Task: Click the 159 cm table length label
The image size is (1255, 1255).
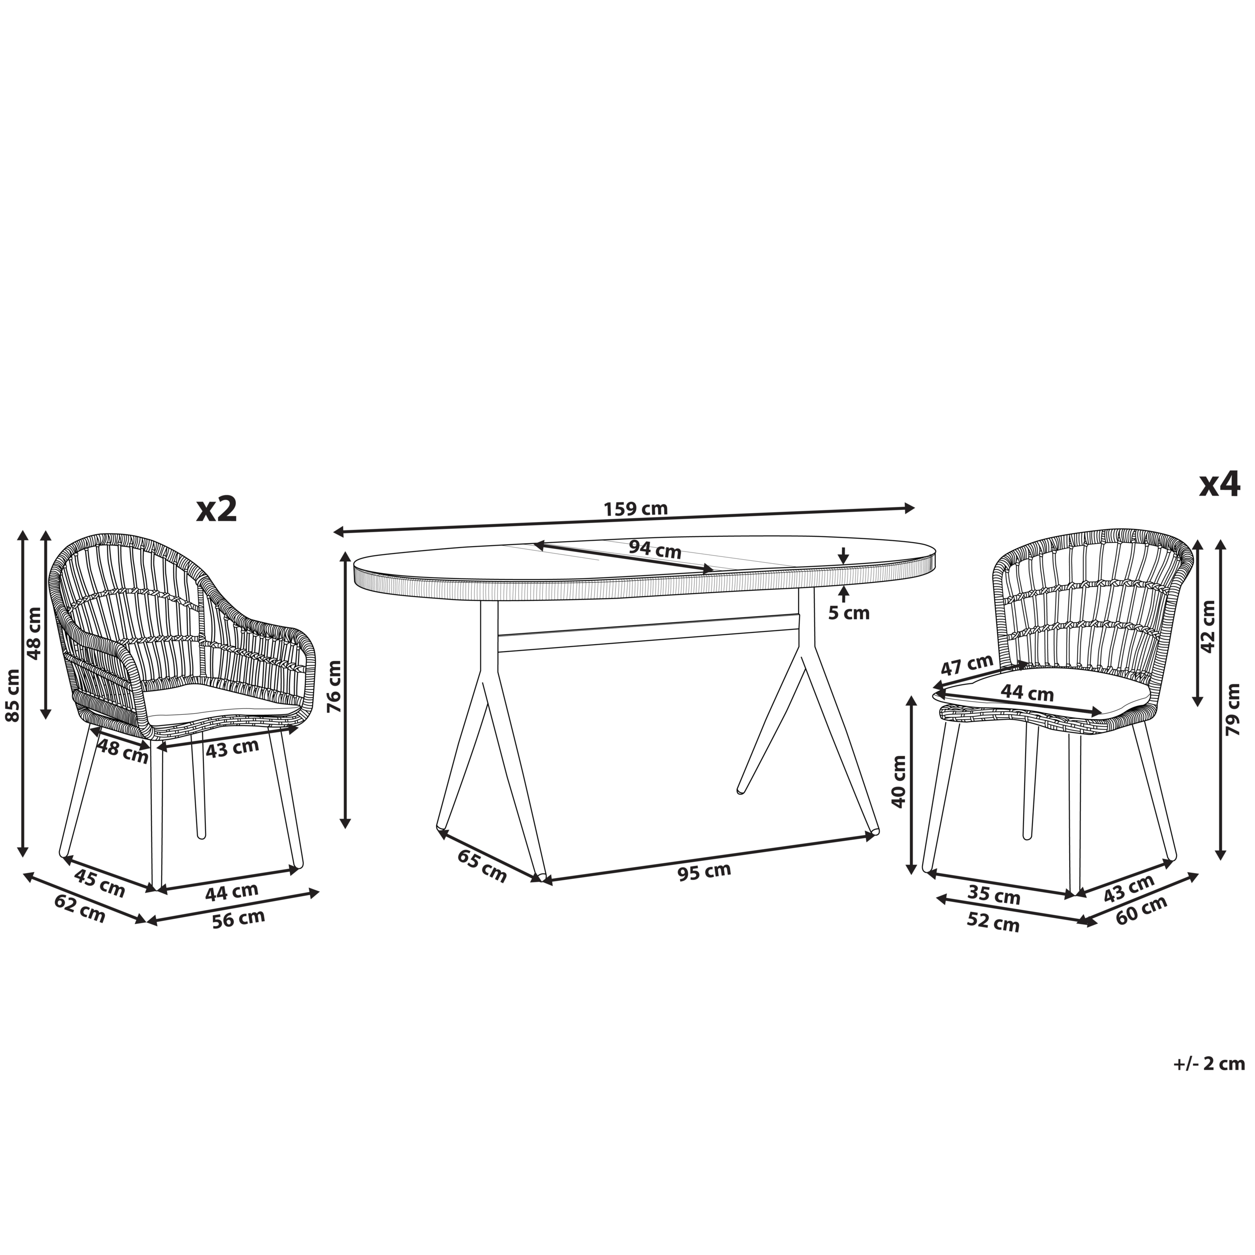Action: coord(635,509)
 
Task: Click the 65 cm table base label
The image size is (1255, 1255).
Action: coord(482,865)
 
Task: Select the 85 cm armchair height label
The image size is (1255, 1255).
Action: coord(12,696)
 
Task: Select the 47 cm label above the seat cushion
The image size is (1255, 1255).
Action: coord(968,666)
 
